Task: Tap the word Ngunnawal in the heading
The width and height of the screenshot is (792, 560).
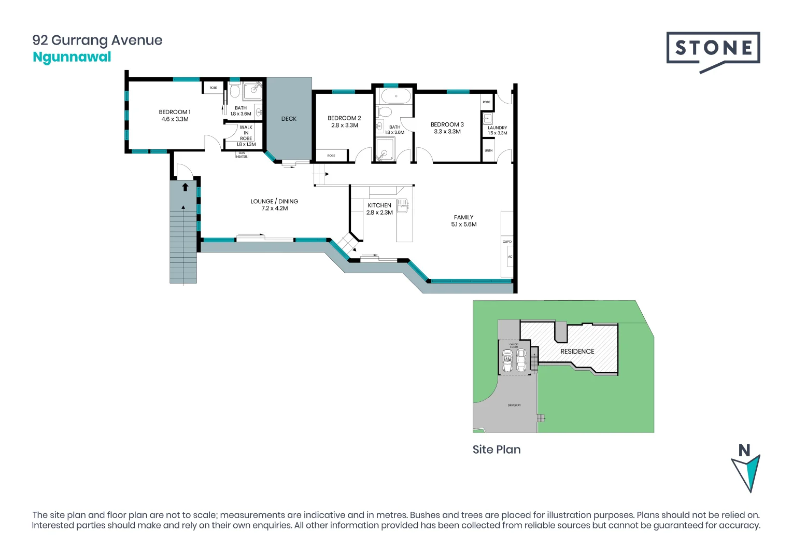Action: tap(72, 57)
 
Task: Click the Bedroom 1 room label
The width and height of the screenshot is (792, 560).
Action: tap(175, 112)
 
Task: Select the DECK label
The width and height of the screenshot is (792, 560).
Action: tap(289, 119)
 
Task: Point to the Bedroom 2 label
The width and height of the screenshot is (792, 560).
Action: tap(344, 118)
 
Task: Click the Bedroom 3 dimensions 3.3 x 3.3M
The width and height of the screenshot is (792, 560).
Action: tap(447, 132)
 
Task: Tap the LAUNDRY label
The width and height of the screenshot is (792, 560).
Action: tap(497, 128)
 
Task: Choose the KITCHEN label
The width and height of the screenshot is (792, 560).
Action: tap(379, 205)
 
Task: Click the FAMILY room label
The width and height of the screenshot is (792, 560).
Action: tap(463, 217)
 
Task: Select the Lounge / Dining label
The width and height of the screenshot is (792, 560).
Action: tap(274, 201)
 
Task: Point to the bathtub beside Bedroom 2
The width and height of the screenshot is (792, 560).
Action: tap(395, 96)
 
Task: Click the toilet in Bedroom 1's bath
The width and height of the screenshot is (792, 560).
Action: tap(234, 92)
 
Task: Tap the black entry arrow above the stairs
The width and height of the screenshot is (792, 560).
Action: tap(185, 187)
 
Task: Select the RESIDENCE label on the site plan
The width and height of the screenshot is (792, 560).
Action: tap(577, 352)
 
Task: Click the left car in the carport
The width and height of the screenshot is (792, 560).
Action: tap(507, 360)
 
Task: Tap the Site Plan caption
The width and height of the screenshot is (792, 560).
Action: tap(496, 450)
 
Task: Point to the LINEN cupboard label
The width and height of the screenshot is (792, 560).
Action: tap(489, 151)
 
